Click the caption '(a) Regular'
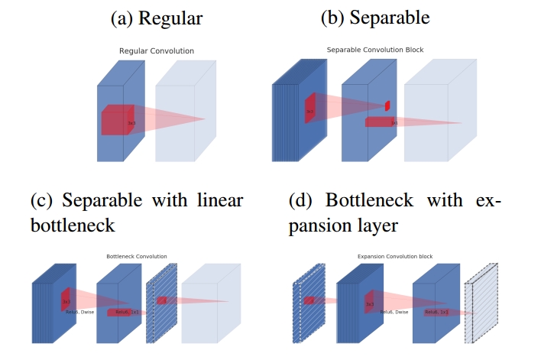[157, 17]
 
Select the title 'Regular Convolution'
[157, 51]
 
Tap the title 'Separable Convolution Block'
[375, 50]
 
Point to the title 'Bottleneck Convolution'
[137, 256]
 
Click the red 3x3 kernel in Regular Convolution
[118, 120]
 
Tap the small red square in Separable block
[387, 105]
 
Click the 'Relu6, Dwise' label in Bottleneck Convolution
[79, 312]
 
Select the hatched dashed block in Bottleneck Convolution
[161, 302]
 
